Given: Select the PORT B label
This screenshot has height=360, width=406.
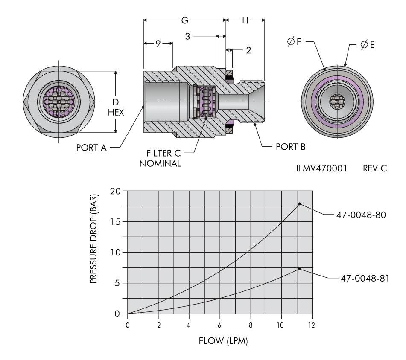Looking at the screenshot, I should click(290, 147).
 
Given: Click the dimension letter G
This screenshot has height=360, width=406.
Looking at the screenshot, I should click(185, 20).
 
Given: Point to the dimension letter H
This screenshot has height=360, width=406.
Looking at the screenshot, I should click(245, 20).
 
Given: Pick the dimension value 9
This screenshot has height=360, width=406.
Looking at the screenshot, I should click(158, 43).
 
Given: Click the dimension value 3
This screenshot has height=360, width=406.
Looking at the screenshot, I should click(188, 37).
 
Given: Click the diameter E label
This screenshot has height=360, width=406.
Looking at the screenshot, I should click(368, 44).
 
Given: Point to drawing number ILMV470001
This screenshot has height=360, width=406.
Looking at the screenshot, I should click(321, 168).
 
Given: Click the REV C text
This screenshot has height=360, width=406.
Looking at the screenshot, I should click(375, 168).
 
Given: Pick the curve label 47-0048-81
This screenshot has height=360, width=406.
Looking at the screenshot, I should click(363, 277).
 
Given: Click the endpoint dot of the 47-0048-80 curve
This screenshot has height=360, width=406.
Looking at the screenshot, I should click(300, 204).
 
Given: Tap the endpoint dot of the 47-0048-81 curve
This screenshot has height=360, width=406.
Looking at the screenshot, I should click(300, 269).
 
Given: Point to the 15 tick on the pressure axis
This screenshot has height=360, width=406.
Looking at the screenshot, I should click(117, 221).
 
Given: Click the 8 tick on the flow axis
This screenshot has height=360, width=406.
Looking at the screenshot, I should click(251, 325).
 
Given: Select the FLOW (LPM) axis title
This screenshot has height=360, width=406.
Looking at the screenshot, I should click(223, 341).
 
